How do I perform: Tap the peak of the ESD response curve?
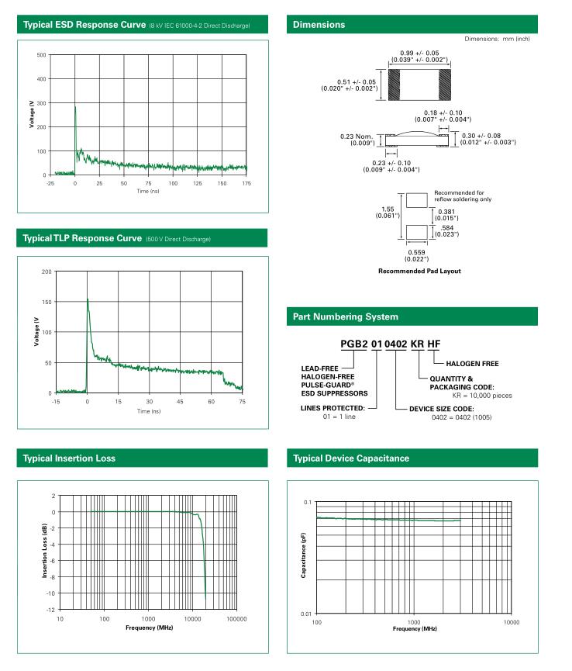point(75,107)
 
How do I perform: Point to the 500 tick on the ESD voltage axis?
point(41,55)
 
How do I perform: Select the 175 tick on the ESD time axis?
point(246,183)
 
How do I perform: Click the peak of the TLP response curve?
point(88,299)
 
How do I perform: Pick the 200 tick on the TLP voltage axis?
point(47,272)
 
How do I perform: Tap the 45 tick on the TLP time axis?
point(180,402)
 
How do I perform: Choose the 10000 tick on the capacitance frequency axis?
point(510,622)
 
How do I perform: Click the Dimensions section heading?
point(319,25)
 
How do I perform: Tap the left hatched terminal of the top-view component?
point(394,85)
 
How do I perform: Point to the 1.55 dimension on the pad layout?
point(388,209)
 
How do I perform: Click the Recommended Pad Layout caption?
point(419,271)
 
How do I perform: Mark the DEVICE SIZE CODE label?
point(441,409)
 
